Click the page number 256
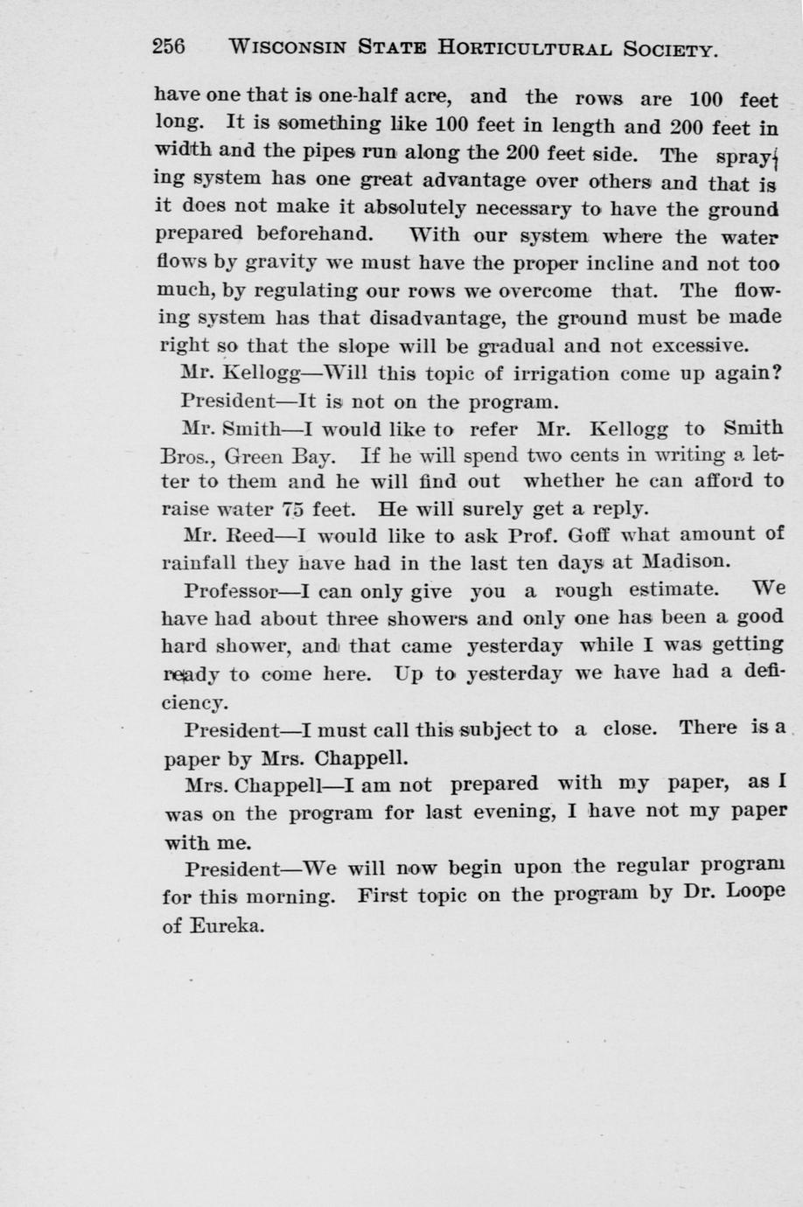[x=169, y=46]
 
